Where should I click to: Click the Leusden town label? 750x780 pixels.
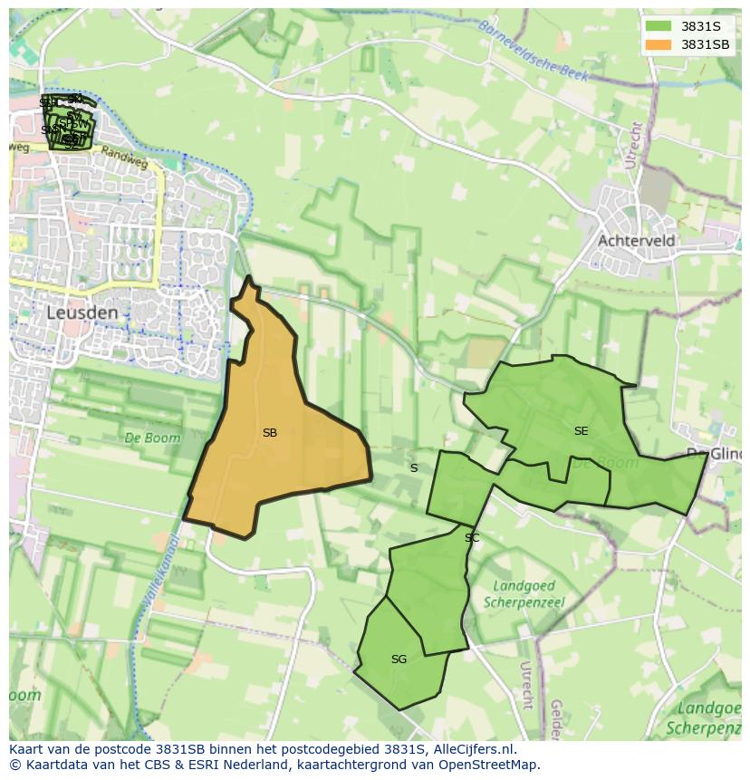pos(82,313)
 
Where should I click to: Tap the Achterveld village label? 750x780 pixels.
pos(636,241)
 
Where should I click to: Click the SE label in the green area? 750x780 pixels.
pos(581,431)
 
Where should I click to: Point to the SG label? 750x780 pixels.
pos(399,660)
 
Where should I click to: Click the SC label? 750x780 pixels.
pos(472,538)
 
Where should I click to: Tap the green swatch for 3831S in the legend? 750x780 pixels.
pos(659,25)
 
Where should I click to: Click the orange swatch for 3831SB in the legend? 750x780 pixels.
pos(659,44)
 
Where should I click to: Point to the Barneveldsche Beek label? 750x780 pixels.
pos(534,52)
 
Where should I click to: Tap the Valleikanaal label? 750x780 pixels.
pos(159,571)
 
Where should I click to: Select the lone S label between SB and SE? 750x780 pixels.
pos(414,468)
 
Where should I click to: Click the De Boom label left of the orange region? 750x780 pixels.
pos(152,438)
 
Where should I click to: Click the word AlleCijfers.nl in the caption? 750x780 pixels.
pos(474,749)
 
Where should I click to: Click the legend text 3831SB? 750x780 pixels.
pos(706,44)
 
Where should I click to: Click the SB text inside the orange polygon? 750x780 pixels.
pos(269,433)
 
